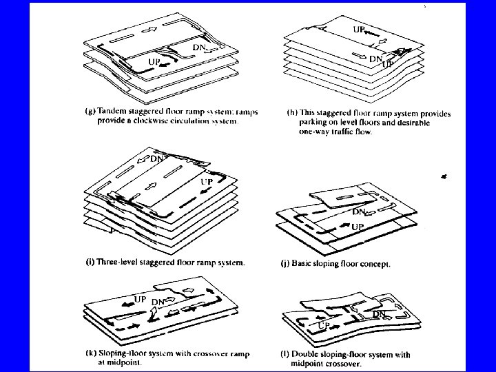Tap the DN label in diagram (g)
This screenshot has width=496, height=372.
tap(199, 47)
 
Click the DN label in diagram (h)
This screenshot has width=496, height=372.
tap(376, 59)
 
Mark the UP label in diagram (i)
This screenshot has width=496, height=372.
tap(206, 181)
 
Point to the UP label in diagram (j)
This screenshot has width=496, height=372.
tap(358, 226)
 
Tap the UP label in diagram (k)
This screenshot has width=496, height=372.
tap(140, 300)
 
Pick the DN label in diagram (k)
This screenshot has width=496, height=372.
tap(158, 302)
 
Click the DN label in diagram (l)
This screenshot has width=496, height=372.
tap(380, 314)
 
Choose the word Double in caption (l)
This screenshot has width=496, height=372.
tap(309, 355)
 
